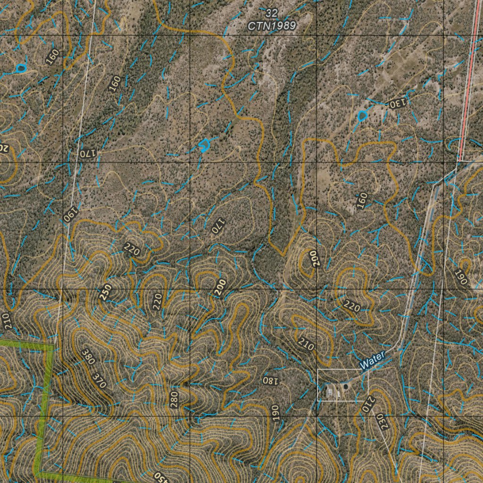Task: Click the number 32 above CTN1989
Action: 271,13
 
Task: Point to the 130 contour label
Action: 398,103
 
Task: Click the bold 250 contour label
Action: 105,292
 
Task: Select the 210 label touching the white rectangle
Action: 367,404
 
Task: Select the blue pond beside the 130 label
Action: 362,116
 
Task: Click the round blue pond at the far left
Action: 20,69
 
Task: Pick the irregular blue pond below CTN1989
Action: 204,146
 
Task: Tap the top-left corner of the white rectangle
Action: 317,370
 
